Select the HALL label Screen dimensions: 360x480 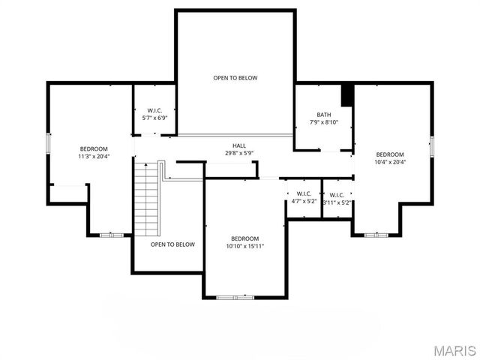pos(238,145)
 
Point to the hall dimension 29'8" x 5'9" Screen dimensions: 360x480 pos(238,153)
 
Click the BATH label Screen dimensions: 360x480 pos(323,115)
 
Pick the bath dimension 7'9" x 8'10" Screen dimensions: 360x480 pos(323,122)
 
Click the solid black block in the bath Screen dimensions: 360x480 pos(347,95)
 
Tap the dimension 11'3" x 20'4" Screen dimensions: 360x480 pos(94,156)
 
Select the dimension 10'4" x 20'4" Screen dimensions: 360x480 pos(390,161)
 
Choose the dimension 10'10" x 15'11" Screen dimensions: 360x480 pos(244,246)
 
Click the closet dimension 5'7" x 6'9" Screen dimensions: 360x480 pos(154,118)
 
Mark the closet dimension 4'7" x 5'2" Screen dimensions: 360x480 pos(304,202)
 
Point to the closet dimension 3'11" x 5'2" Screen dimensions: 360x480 pos(337,202)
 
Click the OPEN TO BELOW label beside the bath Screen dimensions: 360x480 pos(235,78)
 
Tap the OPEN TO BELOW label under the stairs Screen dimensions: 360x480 pos(172,244)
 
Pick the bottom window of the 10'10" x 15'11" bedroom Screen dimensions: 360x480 pos(235,298)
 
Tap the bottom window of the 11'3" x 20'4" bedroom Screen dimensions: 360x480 pos(111,235)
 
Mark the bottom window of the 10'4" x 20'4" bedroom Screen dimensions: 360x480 pos(376,235)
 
